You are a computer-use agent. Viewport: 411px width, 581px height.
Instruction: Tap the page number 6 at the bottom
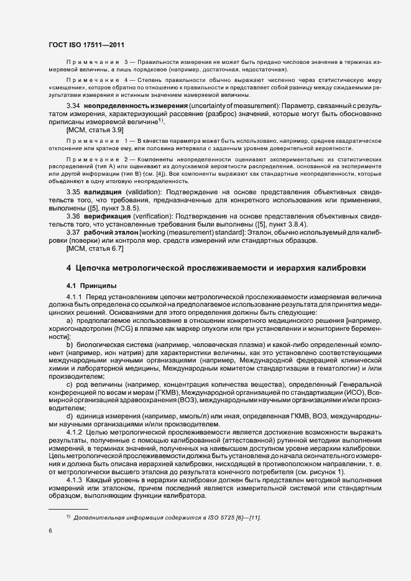coord(49,530)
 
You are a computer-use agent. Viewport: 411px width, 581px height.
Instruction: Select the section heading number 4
coord(69,268)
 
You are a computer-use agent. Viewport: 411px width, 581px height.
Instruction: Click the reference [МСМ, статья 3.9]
coord(94,132)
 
